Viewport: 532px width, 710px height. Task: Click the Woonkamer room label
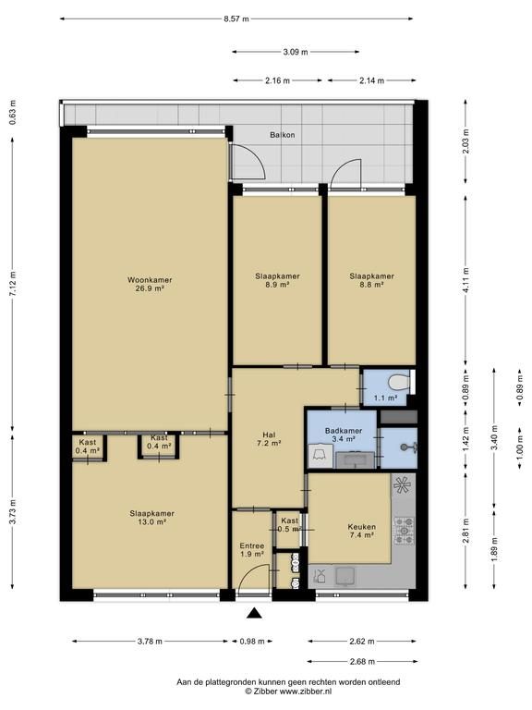(x=150, y=284)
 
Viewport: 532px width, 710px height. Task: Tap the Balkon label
(x=283, y=135)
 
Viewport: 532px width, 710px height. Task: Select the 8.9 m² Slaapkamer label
(x=277, y=280)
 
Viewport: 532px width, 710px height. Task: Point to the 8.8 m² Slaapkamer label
(x=372, y=280)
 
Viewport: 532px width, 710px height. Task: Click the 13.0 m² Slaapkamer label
(x=152, y=518)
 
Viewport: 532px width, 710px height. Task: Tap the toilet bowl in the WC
(x=399, y=383)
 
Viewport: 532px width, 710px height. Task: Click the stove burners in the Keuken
(x=404, y=532)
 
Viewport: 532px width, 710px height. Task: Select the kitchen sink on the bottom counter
(x=345, y=577)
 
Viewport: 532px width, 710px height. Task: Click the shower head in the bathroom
(x=406, y=447)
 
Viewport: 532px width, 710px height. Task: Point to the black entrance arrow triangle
(x=255, y=613)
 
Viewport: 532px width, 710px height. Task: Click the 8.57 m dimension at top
(x=236, y=19)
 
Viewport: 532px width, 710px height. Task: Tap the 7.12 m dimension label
(x=13, y=285)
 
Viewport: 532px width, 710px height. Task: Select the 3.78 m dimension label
(x=150, y=642)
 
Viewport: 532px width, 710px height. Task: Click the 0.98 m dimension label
(x=252, y=642)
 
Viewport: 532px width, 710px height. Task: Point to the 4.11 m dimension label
(x=465, y=280)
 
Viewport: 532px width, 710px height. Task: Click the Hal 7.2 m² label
(x=269, y=439)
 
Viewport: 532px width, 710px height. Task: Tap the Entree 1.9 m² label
(x=252, y=550)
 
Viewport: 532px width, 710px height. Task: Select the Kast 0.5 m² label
(x=289, y=525)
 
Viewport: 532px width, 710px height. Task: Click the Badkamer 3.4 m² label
(x=344, y=435)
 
